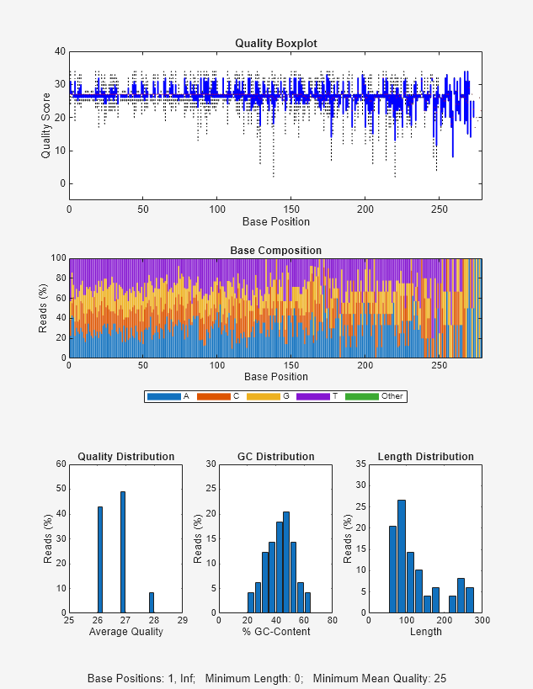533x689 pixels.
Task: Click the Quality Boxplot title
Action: click(275, 43)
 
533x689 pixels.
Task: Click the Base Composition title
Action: click(275, 251)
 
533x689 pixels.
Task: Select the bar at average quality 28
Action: click(152, 602)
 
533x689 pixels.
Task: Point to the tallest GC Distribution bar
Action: click(286, 562)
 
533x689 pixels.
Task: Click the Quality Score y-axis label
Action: click(46, 125)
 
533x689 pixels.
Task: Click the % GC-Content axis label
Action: click(275, 632)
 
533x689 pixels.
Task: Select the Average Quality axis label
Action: click(125, 632)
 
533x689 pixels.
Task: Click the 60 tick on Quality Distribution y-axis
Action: click(61, 464)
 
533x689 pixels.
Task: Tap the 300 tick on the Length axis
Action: click(482, 621)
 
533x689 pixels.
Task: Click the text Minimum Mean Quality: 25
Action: click(379, 678)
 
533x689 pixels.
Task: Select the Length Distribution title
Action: click(425, 457)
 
